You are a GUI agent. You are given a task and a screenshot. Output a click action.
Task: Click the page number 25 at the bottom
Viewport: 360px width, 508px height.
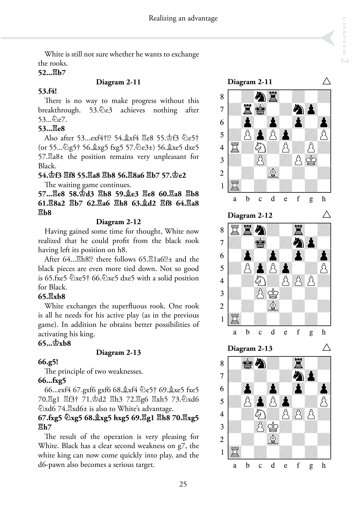click(x=183, y=484)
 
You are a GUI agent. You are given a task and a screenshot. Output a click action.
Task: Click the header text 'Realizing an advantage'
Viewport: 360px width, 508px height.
click(x=183, y=18)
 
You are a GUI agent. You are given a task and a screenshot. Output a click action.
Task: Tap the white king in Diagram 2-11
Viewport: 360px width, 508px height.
click(x=311, y=160)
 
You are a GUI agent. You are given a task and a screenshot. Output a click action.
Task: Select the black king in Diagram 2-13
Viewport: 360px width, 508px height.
click(x=248, y=363)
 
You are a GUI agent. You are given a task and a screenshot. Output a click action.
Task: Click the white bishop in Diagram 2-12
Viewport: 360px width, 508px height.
click(x=273, y=306)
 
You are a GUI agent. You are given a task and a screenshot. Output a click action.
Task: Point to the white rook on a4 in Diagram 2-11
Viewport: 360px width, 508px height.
click(x=235, y=148)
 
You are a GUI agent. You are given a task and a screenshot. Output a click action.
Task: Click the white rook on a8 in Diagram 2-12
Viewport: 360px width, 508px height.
click(x=235, y=230)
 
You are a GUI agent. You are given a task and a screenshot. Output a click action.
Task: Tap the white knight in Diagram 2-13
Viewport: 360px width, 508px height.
click(x=260, y=414)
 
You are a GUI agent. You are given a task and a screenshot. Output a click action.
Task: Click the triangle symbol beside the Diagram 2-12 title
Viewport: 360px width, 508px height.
click(x=326, y=214)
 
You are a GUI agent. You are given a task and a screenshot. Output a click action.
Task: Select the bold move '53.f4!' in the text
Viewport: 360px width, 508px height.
click(x=48, y=91)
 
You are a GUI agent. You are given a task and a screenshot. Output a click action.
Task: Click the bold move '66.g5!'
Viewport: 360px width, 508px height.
click(x=48, y=362)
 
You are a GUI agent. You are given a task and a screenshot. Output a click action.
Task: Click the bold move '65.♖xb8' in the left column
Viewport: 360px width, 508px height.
click(x=52, y=296)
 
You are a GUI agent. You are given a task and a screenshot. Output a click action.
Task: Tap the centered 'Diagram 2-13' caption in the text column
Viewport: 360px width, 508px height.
click(x=118, y=352)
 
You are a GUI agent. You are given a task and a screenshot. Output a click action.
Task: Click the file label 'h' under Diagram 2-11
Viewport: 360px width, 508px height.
click(x=324, y=199)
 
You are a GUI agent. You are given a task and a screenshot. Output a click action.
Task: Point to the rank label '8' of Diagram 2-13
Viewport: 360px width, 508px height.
click(x=222, y=363)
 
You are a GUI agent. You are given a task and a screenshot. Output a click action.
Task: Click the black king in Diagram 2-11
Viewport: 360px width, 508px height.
click(x=260, y=109)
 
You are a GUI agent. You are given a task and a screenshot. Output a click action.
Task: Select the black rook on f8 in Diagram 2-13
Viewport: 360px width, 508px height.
click(x=298, y=363)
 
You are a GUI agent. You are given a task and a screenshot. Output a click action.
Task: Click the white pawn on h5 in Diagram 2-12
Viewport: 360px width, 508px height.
click(x=324, y=268)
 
